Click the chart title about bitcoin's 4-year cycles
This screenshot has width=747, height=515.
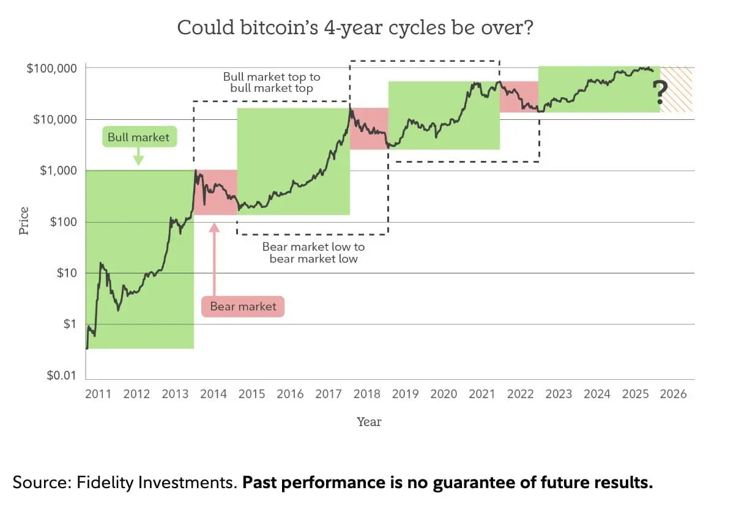click(355, 28)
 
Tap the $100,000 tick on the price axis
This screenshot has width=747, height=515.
click(51, 68)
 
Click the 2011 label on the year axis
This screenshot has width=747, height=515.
click(98, 394)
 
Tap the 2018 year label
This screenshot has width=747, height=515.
click(366, 394)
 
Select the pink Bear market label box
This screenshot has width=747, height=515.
click(243, 306)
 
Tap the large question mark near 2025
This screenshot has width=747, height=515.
click(660, 93)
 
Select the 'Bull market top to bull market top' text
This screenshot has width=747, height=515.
click(271, 83)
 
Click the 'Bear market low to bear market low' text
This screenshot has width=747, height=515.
click(313, 253)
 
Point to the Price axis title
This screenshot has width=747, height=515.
click(24, 221)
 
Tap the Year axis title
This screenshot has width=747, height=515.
click(369, 421)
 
